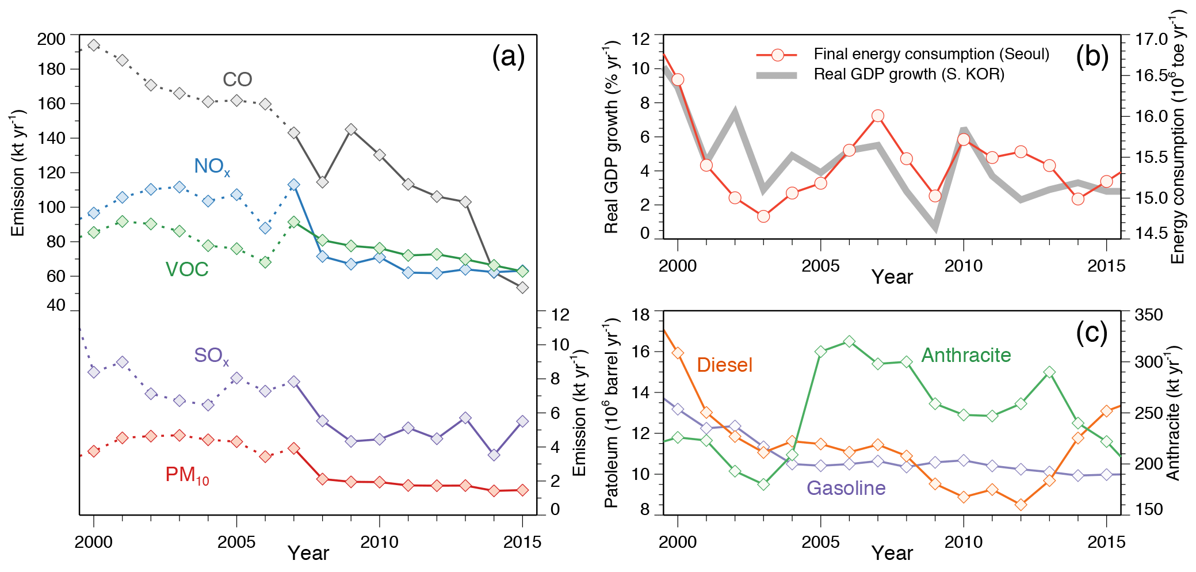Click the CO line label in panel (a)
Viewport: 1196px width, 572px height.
click(x=237, y=79)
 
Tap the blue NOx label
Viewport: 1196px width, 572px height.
click(x=212, y=166)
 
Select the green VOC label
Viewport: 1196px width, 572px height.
click(x=186, y=269)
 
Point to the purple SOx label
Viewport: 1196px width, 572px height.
click(x=211, y=356)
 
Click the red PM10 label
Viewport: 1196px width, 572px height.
click(x=187, y=475)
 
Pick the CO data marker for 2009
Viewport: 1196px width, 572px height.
click(x=351, y=129)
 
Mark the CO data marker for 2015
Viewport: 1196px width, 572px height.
click(x=522, y=287)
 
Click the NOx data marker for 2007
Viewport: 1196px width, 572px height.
click(x=294, y=185)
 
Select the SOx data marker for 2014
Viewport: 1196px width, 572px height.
click(x=494, y=455)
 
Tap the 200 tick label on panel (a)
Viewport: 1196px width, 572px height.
click(x=51, y=39)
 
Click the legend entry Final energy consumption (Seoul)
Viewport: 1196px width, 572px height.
click(x=931, y=54)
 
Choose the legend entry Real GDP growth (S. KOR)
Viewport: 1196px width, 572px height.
click(x=908, y=74)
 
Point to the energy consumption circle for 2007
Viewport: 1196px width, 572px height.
click(x=877, y=116)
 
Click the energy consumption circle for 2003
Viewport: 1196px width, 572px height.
click(x=763, y=216)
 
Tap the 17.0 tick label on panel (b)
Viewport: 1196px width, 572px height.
click(x=1151, y=39)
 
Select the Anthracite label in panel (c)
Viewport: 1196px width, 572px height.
click(x=966, y=355)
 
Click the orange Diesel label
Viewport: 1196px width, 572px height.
click(x=724, y=365)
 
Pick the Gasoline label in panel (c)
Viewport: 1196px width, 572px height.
click(x=846, y=488)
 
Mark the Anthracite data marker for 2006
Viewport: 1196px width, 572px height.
click(x=849, y=341)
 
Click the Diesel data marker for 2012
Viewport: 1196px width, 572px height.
click(x=1021, y=505)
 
